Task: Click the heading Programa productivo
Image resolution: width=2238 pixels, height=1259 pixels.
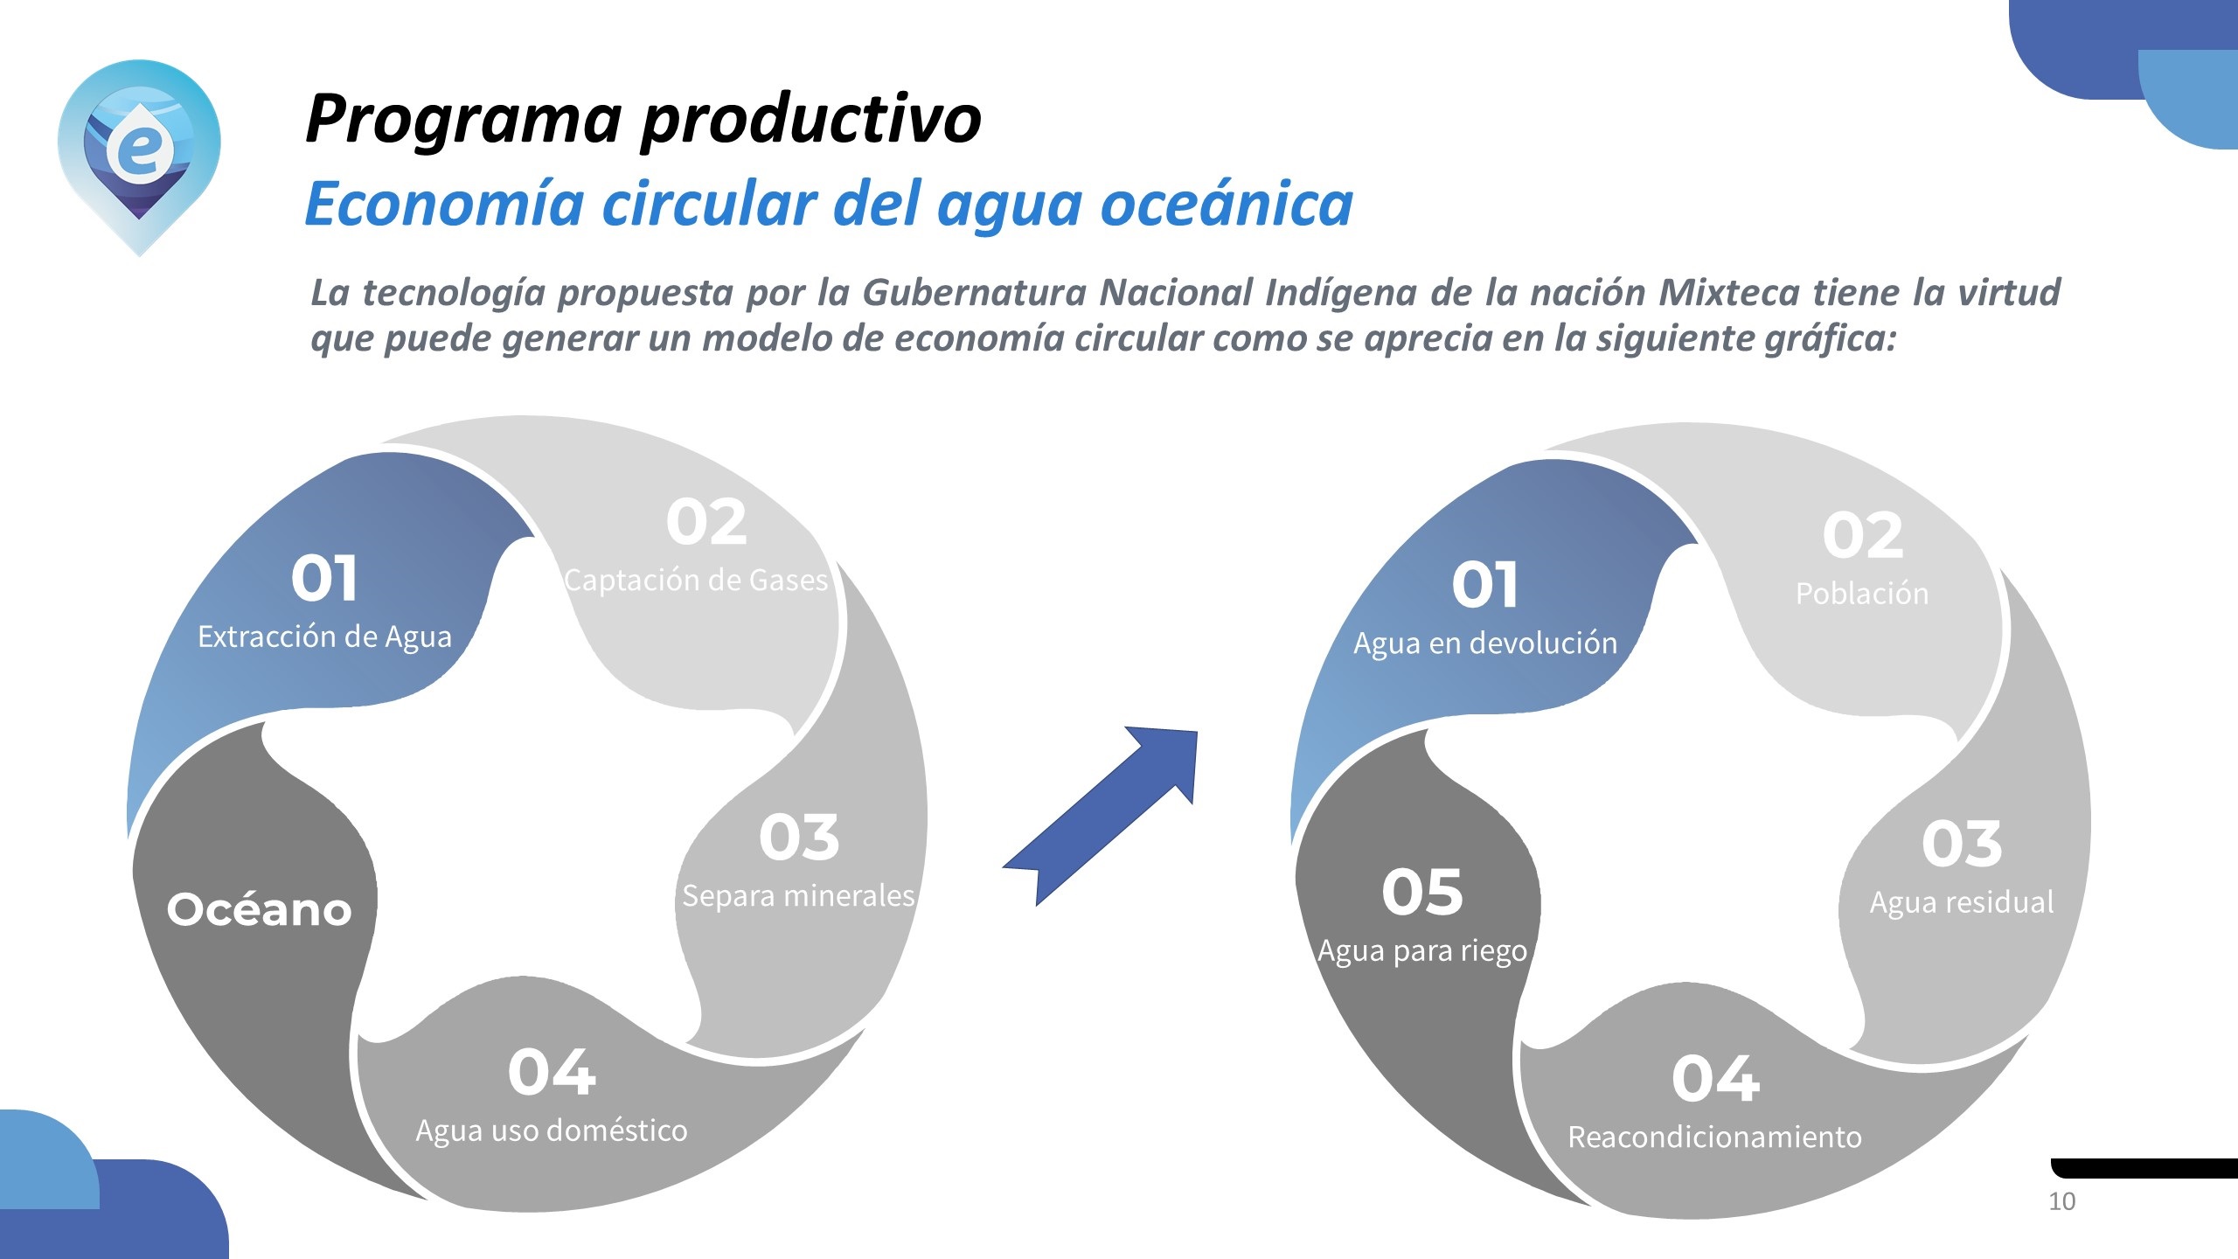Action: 643,120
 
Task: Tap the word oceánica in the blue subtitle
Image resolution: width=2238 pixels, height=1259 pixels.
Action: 1227,204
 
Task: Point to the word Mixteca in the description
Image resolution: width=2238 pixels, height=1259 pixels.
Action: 1729,292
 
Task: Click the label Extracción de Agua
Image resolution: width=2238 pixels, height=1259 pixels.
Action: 325,637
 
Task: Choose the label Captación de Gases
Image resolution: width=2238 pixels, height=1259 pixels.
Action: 696,581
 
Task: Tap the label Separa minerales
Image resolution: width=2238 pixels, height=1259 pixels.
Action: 798,896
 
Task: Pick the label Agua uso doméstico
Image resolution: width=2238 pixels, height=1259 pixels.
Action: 552,1131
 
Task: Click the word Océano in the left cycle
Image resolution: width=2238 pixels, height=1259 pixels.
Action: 260,909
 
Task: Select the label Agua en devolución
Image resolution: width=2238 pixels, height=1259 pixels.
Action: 1485,643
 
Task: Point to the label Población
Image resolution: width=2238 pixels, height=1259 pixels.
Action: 1862,594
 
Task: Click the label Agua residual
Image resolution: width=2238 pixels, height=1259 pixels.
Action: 1962,902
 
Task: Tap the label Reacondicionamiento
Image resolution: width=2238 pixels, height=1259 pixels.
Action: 1715,1137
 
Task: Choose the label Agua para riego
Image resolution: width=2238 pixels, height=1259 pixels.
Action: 1422,951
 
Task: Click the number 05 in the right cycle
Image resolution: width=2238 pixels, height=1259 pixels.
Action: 1422,892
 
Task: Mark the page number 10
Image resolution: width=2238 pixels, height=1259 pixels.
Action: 2062,1202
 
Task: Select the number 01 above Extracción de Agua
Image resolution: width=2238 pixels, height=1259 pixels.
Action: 324,579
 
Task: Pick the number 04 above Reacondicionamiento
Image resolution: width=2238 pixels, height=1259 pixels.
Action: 1715,1078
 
